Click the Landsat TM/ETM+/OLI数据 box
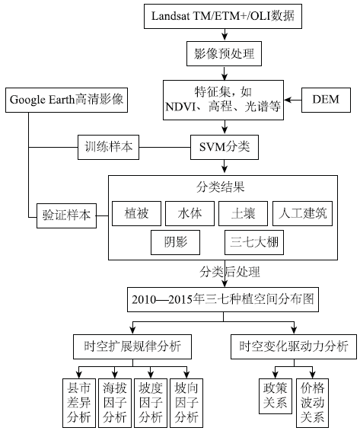[x=223, y=16]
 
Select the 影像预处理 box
[x=224, y=54]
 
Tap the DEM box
[x=326, y=100]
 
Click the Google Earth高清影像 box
[x=66, y=100]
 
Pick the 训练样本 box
[x=108, y=147]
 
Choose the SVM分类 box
[x=225, y=147]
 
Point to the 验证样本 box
[x=66, y=215]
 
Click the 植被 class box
[x=136, y=213]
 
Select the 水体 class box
[x=190, y=213]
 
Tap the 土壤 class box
[x=243, y=213]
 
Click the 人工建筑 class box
[x=302, y=213]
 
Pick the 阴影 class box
[x=175, y=242]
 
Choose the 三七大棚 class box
[x=254, y=242]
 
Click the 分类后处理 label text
[x=230, y=272]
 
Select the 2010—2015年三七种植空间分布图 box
[x=223, y=299]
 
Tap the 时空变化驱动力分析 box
[x=294, y=346]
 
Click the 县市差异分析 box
[x=79, y=403]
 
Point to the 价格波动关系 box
[x=312, y=403]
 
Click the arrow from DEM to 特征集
[x=293, y=100]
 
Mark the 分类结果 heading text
[x=221, y=187]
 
